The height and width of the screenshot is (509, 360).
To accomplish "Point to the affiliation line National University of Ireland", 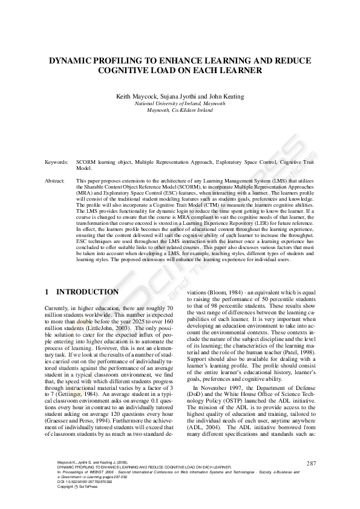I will pyautogui.click(x=180, y=104).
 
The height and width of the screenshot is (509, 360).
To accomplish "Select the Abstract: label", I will pyautogui.click(x=55, y=181).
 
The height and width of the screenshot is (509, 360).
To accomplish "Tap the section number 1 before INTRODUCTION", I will pyautogui.click(x=48, y=292).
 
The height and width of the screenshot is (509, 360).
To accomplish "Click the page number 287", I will pyautogui.click(x=312, y=463).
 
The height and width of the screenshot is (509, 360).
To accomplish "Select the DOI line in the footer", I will pyautogui.click(x=85, y=482).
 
